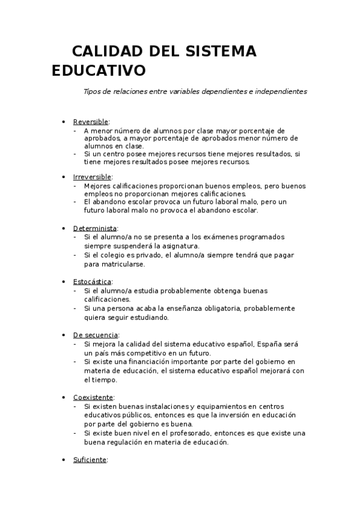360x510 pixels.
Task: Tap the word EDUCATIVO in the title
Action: tap(99, 71)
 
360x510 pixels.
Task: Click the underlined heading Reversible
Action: tap(91, 121)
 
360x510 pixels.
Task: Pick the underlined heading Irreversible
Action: tap(92, 177)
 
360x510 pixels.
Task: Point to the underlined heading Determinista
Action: tap(95, 229)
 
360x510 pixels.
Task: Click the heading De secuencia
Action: tap(96, 334)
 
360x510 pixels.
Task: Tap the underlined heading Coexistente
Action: tap(93, 398)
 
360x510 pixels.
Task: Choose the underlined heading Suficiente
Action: tap(90, 459)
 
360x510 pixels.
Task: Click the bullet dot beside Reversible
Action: tap(64, 122)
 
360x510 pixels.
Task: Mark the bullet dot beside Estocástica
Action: tap(64, 282)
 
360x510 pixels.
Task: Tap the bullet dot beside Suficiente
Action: tap(64, 460)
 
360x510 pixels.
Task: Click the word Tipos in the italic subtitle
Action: tap(93, 92)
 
